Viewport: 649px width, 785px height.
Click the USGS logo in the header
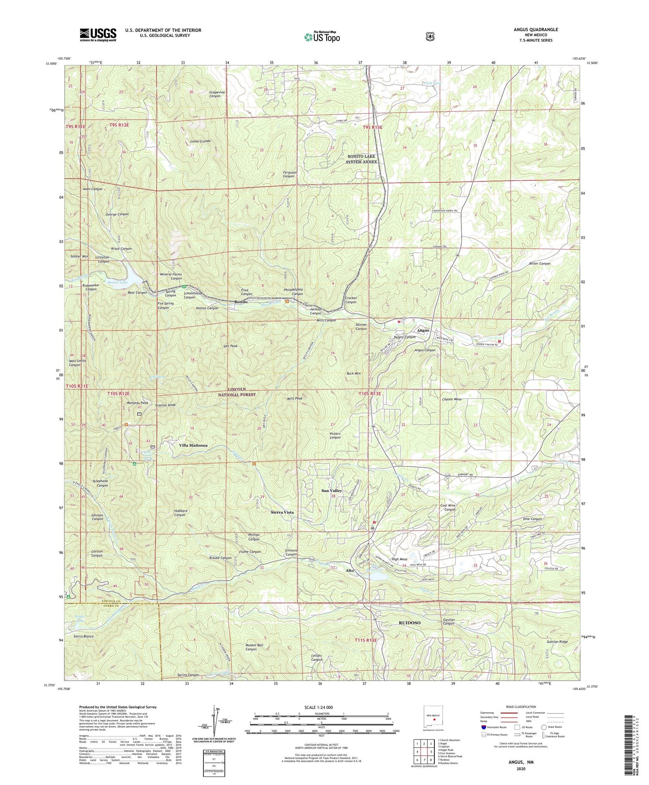click(98, 35)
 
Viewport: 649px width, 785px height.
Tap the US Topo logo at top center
click(322, 37)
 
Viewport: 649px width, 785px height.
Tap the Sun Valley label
click(331, 491)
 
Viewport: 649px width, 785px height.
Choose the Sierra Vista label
click(282, 512)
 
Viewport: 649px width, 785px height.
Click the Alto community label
click(350, 571)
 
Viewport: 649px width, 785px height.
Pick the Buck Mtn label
click(353, 373)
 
